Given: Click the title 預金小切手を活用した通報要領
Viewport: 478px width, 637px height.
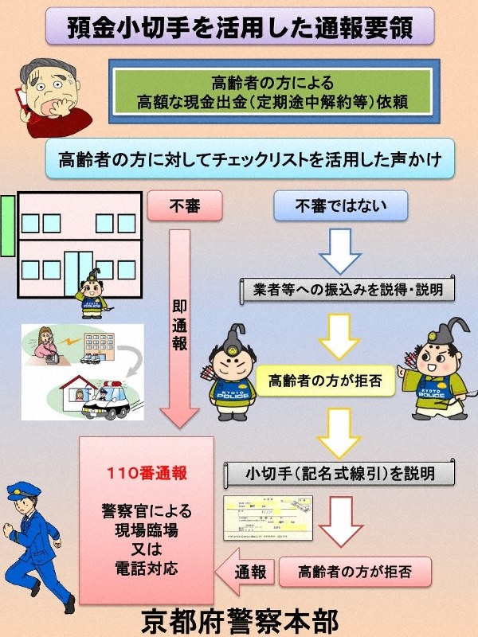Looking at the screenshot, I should pyautogui.click(x=239, y=26).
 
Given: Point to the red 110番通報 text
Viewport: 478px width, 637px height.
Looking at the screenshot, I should pyautogui.click(x=147, y=473).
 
